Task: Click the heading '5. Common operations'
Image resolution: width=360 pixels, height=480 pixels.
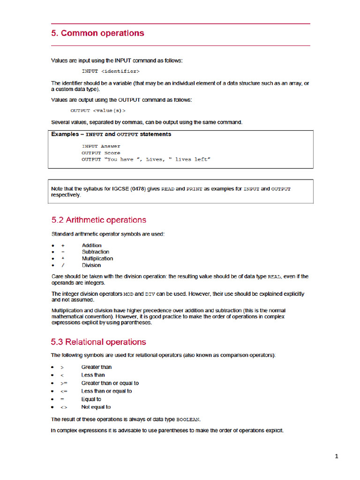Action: [x=97, y=33]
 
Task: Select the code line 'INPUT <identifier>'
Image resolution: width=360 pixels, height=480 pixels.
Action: [x=111, y=71]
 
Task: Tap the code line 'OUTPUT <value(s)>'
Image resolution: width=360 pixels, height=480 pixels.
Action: [x=98, y=111]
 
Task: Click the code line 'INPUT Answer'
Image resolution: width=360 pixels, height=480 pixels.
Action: [x=101, y=146]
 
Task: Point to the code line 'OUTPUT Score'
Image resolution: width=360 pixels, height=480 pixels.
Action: [x=101, y=153]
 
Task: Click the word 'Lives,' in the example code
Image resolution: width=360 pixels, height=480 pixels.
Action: [x=155, y=159]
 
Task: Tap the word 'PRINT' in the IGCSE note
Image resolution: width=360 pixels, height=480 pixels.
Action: [x=195, y=189]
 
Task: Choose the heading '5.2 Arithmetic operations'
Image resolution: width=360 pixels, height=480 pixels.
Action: [x=98, y=220]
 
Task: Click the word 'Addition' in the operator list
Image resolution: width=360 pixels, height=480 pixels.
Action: [x=91, y=245]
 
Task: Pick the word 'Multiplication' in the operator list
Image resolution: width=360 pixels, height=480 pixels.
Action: [x=97, y=258]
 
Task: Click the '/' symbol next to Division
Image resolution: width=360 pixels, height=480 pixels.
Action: [x=63, y=265]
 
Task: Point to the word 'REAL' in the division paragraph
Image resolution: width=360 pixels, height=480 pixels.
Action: [x=274, y=277]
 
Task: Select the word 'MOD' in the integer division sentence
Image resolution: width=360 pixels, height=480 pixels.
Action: [x=128, y=294]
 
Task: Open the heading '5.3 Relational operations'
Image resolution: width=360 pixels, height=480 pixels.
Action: [x=98, y=342]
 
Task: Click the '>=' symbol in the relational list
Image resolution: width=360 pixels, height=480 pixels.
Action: [x=64, y=383]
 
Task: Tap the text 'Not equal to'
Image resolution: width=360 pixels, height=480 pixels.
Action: [x=96, y=407]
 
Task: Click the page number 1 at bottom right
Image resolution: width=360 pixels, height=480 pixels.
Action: [x=337, y=456]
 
